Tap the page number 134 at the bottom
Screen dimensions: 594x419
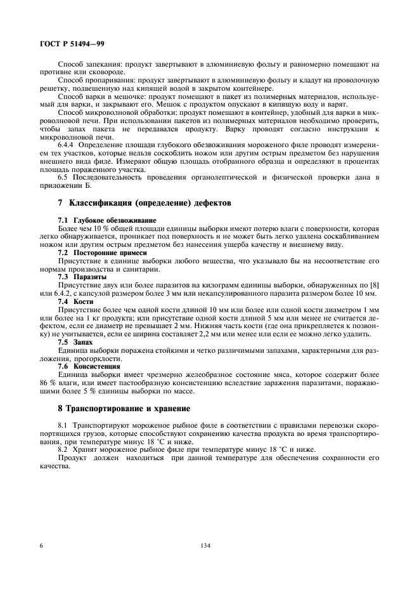click(205, 545)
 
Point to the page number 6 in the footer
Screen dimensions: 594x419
click(41, 545)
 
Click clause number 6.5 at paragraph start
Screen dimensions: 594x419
click(62, 178)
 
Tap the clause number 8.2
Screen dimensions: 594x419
click(62, 449)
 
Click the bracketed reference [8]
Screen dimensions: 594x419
click(373, 286)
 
